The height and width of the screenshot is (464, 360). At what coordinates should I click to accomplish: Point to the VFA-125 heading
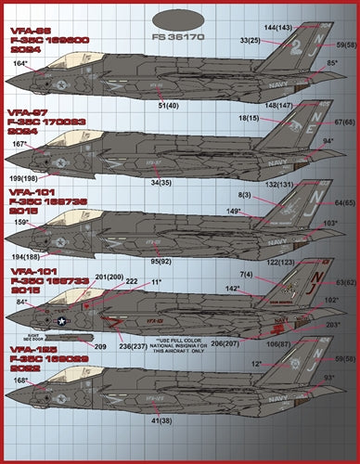[x=31, y=344]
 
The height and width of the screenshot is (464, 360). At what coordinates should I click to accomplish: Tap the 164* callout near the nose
[x=19, y=63]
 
